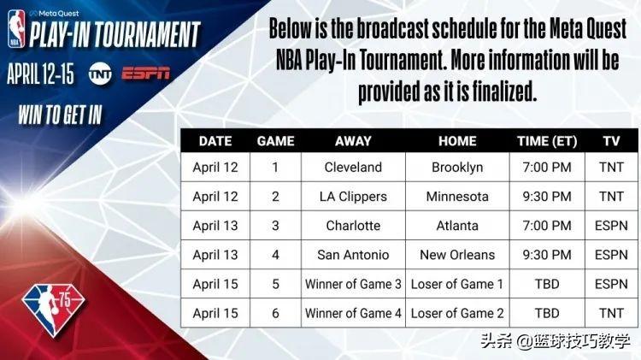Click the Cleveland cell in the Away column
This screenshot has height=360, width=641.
coord(353,167)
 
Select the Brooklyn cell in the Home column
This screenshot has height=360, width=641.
coord(457,167)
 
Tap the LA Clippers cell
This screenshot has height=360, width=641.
coord(353,196)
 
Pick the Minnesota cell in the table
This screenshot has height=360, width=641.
coord(457,196)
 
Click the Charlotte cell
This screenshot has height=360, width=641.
coord(353,226)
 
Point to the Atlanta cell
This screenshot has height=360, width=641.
coord(457,226)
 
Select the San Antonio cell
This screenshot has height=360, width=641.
coord(353,255)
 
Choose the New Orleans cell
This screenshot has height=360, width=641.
coord(457,255)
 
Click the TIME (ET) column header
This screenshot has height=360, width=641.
coord(547,141)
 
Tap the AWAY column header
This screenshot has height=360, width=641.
coord(353,141)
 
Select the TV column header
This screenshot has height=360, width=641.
coord(611,141)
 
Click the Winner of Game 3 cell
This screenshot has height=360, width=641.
coord(353,284)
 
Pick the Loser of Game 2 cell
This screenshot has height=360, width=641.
coord(457,313)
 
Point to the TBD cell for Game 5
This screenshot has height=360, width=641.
coord(547,284)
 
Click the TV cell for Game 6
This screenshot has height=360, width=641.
coord(611,313)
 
